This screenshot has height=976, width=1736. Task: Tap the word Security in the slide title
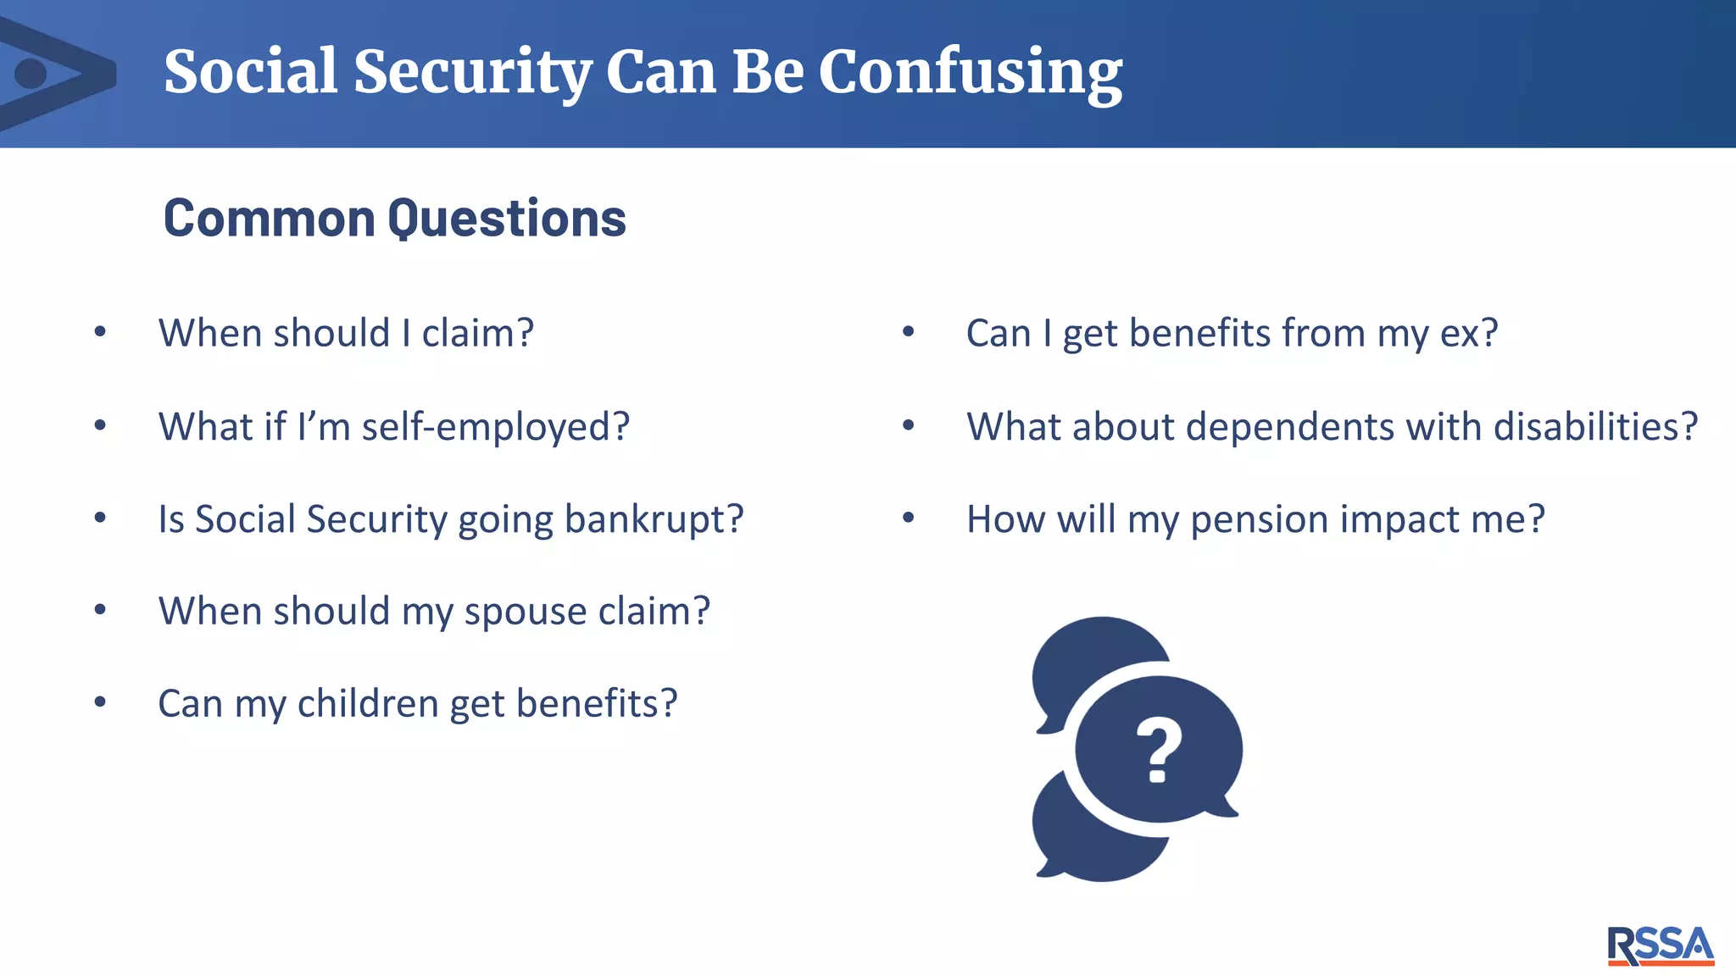[472, 72]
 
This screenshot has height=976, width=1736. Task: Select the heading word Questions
[506, 219]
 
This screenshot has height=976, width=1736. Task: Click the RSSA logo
[1661, 945]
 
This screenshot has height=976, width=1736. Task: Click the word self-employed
[496, 426]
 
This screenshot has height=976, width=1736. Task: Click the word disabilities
[1595, 426]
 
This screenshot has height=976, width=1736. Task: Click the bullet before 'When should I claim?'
[100, 332]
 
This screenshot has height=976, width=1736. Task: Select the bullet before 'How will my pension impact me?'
[908, 518]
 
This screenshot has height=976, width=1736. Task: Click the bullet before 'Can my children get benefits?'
[100, 702]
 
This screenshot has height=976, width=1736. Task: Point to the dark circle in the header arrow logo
[31, 74]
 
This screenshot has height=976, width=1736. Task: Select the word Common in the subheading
[269, 219]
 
